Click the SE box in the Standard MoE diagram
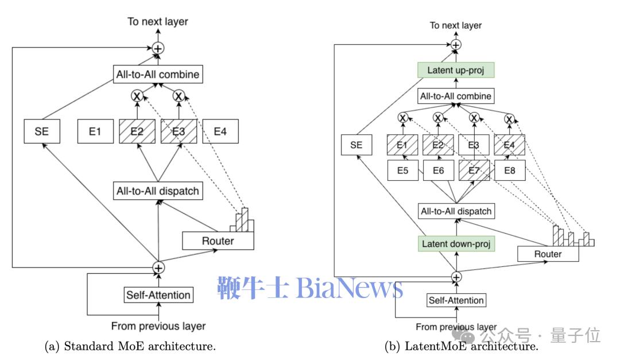(42, 131)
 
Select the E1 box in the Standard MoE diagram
(95, 131)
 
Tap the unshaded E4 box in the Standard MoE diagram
(220, 131)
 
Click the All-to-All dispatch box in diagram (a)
(157, 191)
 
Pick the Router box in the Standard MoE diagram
(218, 241)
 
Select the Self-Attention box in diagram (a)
(158, 295)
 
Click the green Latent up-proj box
(456, 71)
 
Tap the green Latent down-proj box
(456, 243)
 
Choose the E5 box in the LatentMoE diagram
(402, 171)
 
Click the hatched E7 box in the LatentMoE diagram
(474, 171)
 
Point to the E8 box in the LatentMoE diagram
(509, 171)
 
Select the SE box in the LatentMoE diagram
(356, 145)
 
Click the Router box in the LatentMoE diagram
(548, 254)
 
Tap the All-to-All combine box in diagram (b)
(456, 96)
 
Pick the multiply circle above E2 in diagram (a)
(137, 96)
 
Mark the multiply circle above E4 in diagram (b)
(509, 119)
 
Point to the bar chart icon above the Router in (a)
(243, 219)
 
